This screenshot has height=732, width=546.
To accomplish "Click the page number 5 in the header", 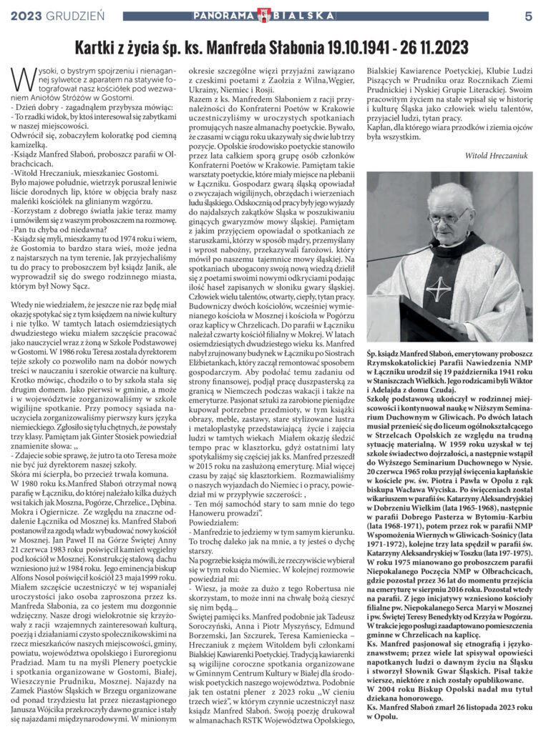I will [x=528, y=15].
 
